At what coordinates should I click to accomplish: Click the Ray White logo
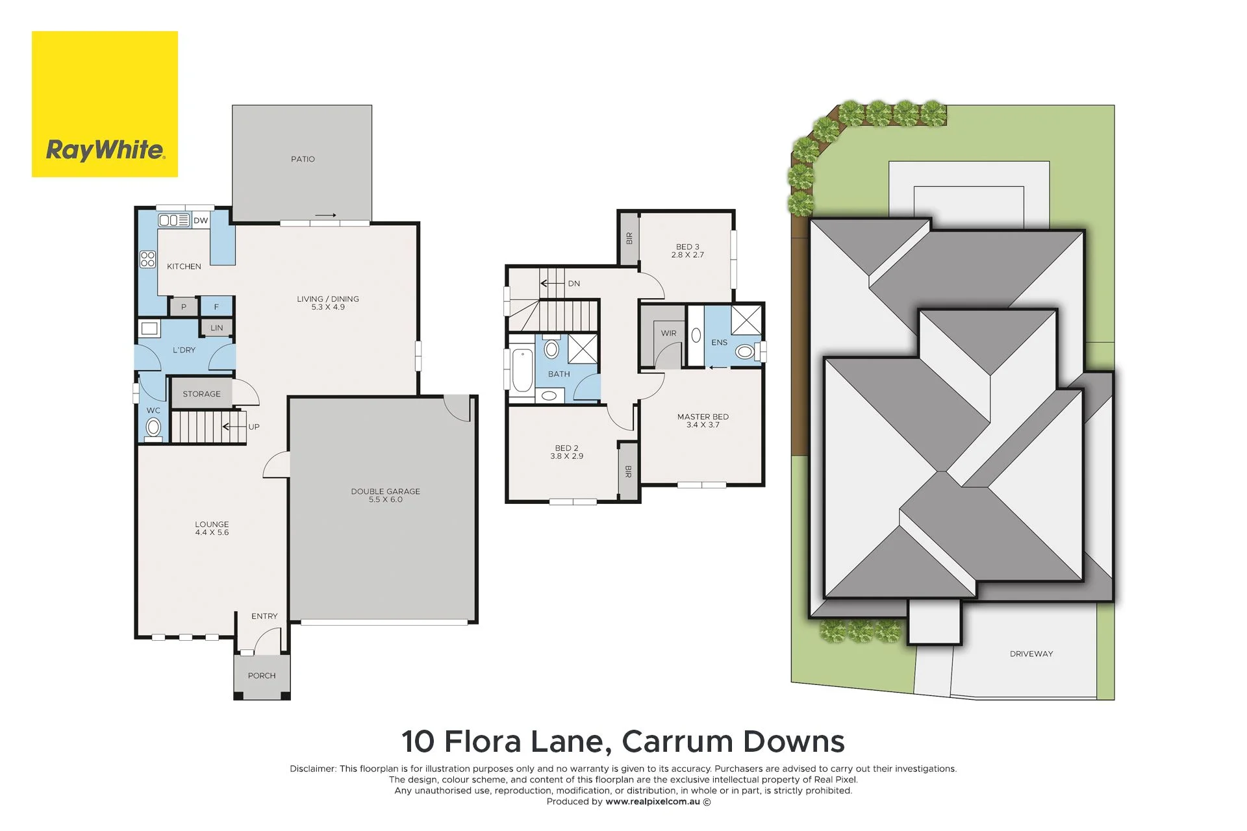click(x=105, y=104)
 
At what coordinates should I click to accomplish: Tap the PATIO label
click(x=303, y=159)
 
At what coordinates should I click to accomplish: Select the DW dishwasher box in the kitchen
click(x=201, y=221)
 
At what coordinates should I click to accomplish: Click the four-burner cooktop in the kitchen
click(x=148, y=260)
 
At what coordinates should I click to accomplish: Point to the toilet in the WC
click(x=153, y=427)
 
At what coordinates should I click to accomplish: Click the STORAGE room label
click(x=201, y=394)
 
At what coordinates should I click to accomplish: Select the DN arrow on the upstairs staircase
click(x=553, y=284)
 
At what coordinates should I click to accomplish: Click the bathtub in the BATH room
click(x=522, y=371)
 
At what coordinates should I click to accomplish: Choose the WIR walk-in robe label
click(x=668, y=333)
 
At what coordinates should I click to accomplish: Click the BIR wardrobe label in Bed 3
click(x=629, y=238)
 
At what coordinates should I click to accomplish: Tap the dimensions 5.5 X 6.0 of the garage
click(x=386, y=500)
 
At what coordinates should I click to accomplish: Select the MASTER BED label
click(x=703, y=417)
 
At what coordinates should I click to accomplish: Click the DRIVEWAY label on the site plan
click(x=1031, y=654)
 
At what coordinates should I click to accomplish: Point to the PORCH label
click(x=262, y=676)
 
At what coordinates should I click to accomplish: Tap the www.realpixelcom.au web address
click(x=653, y=802)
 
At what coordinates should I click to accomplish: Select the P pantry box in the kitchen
click(x=184, y=307)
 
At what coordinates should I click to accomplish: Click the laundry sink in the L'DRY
click(x=149, y=329)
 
